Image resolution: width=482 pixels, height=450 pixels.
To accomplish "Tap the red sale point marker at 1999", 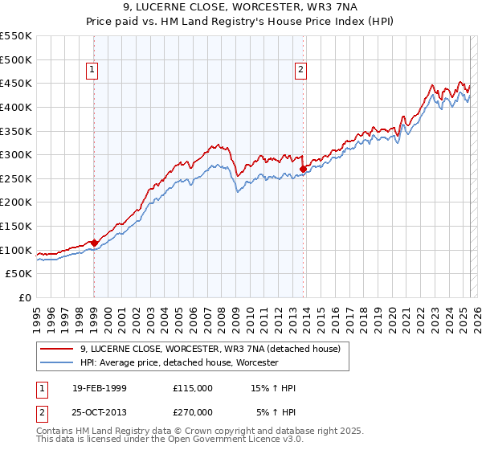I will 94,242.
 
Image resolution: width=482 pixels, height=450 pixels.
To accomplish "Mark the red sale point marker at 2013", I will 303,169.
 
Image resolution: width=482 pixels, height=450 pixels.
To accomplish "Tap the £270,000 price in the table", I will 192,412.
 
